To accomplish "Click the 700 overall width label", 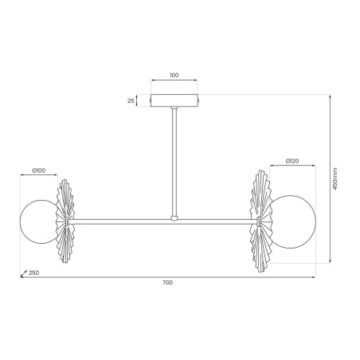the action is (x=167, y=283).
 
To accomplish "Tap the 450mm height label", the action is (x=335, y=178).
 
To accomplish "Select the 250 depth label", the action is (x=34, y=272).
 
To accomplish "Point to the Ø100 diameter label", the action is (x=39, y=170).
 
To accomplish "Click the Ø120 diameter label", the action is (x=292, y=161).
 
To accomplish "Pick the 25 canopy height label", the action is (x=131, y=101).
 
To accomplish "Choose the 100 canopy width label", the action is (x=174, y=75).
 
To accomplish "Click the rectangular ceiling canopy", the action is (x=174, y=100).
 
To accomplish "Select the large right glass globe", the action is (x=292, y=222).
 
